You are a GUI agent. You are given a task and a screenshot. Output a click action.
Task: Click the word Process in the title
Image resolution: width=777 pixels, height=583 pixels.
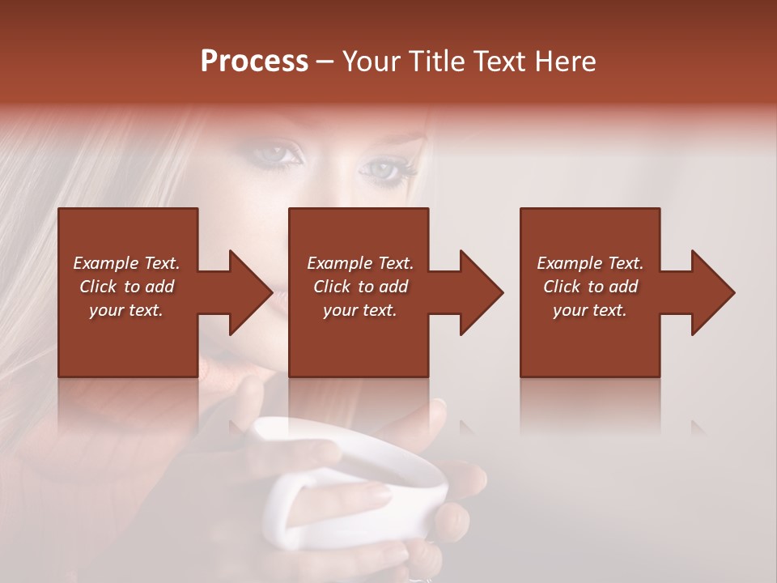(254, 62)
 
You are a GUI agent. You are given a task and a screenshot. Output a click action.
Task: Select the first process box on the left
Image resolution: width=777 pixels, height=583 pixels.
(128, 340)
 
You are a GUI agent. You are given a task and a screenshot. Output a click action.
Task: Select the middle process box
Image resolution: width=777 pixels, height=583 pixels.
(359, 340)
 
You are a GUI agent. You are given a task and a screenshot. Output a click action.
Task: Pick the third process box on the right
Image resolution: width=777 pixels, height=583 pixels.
(589, 340)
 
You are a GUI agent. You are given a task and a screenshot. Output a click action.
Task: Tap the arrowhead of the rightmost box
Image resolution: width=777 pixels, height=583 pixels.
(711, 292)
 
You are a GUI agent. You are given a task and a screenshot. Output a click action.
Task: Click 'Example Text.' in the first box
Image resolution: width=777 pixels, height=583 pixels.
(126, 262)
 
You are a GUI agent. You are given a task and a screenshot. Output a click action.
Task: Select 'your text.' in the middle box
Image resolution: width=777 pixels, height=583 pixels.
(359, 310)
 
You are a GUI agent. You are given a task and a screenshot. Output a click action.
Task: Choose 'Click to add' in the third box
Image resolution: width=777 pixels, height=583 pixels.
(590, 287)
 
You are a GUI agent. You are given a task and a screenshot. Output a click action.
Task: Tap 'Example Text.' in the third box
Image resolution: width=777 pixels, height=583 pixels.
(590, 262)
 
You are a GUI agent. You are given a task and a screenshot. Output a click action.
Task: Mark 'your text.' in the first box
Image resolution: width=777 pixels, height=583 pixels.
(126, 310)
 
